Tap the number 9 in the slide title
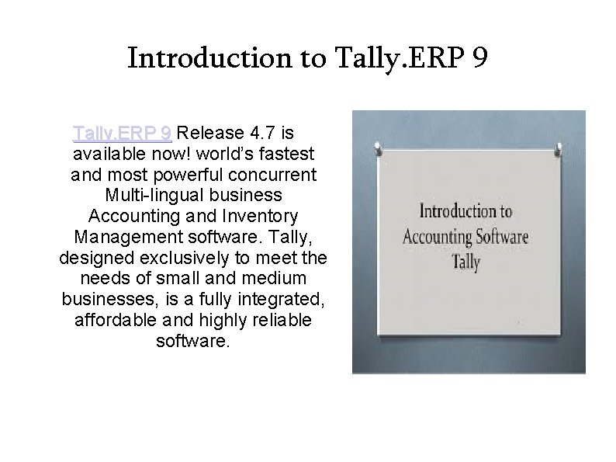[x=478, y=58]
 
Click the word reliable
[x=279, y=319]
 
